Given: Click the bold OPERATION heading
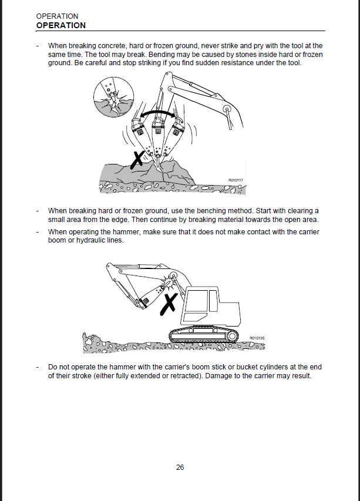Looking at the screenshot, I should tap(60, 25).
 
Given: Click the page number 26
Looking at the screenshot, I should tap(180, 468).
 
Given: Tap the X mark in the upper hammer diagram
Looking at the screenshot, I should tap(139, 159).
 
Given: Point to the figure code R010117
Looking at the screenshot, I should tap(235, 180).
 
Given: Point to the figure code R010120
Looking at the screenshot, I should tap(257, 338).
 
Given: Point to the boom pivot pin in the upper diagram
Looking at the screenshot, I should tap(227, 108).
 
